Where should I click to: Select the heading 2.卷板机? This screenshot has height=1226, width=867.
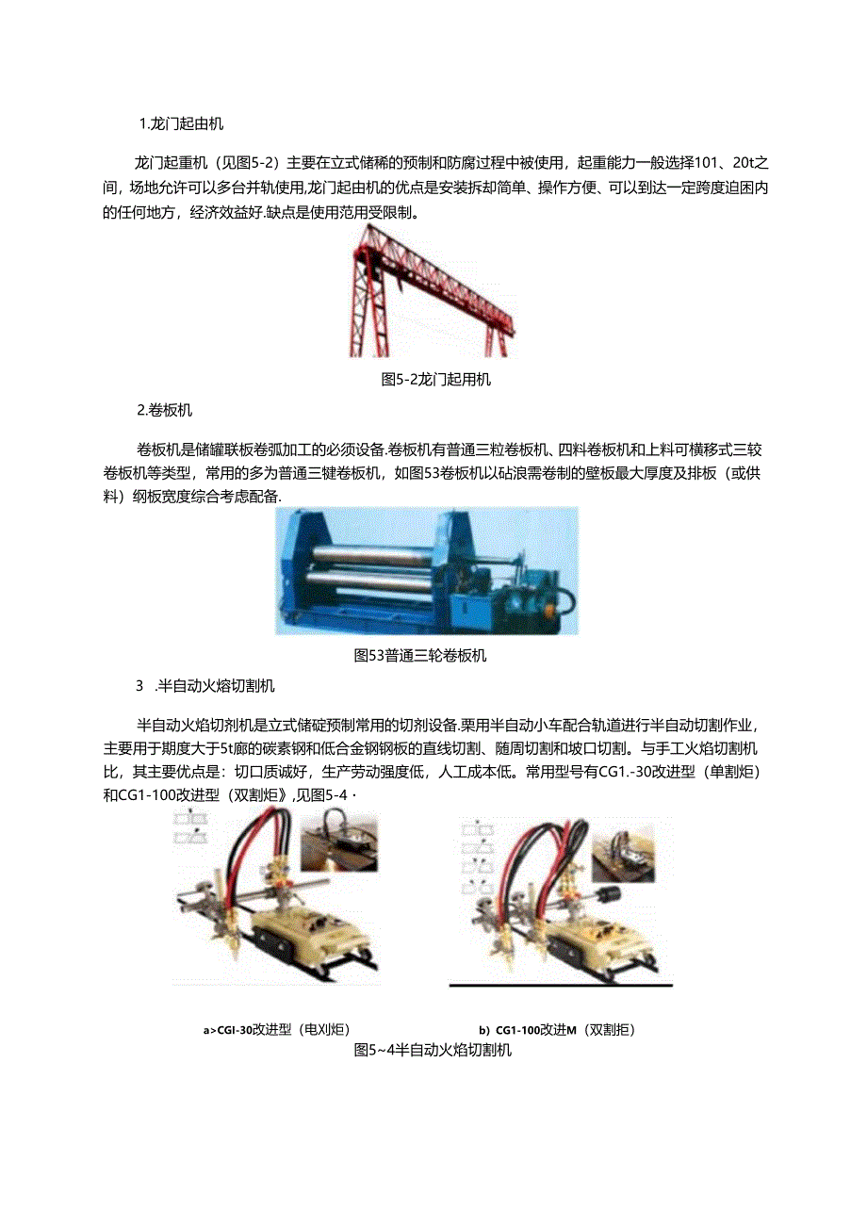[165, 410]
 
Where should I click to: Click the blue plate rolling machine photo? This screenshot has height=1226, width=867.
[426, 570]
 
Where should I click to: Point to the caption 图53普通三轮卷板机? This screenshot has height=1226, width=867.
[420, 656]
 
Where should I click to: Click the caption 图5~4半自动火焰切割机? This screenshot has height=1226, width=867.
[433, 1050]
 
